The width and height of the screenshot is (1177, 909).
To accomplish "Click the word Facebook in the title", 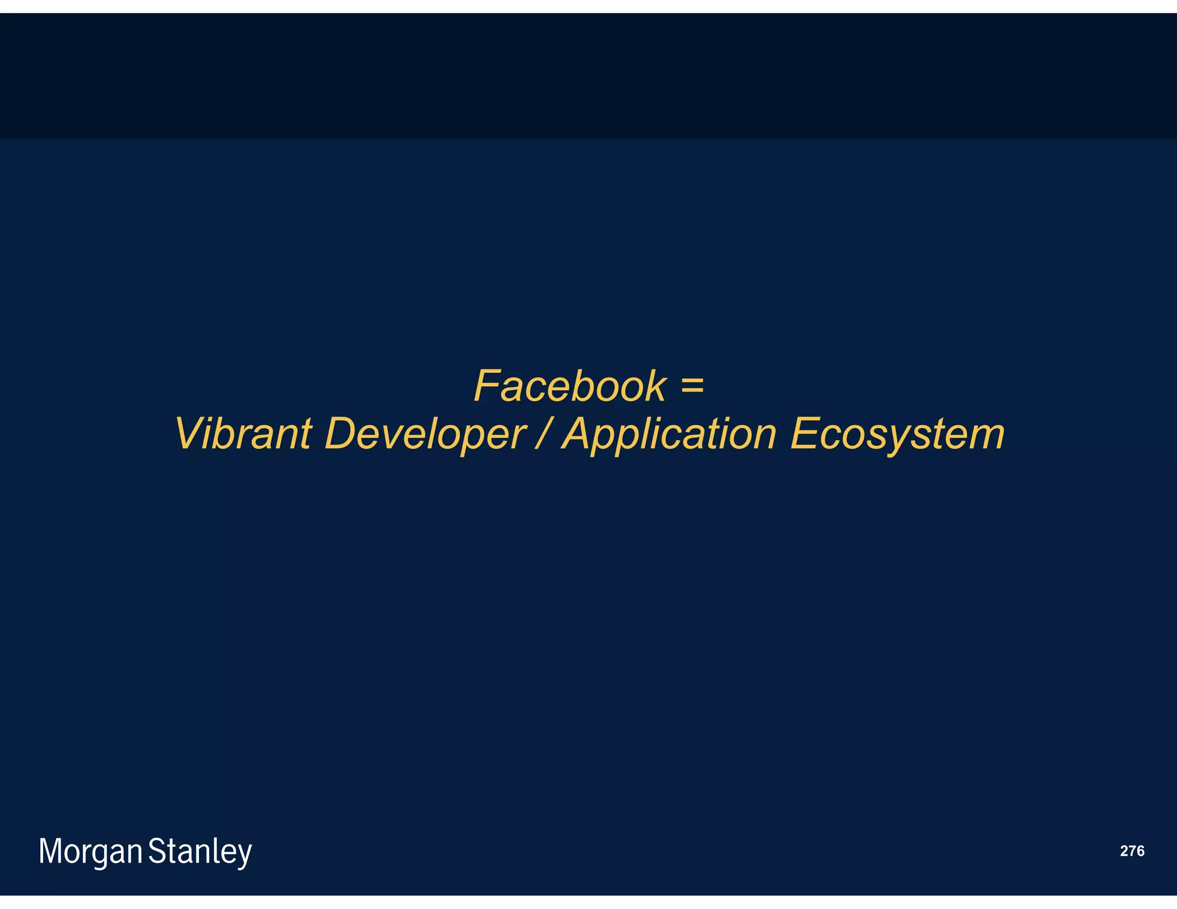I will (570, 386).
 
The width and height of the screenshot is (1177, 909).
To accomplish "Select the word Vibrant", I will (243, 434).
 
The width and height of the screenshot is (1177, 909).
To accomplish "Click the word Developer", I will (425, 434).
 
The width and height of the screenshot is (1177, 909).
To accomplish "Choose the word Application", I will (670, 434).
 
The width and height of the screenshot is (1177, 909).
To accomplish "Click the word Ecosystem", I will (897, 434).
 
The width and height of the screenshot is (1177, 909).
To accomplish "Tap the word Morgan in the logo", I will (90, 852).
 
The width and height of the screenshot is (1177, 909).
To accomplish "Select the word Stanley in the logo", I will (200, 852).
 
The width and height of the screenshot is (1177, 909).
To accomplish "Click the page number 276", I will (1132, 851).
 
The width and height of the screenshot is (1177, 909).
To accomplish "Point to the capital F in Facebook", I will (487, 386).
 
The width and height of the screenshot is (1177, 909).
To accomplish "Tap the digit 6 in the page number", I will (1140, 851).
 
